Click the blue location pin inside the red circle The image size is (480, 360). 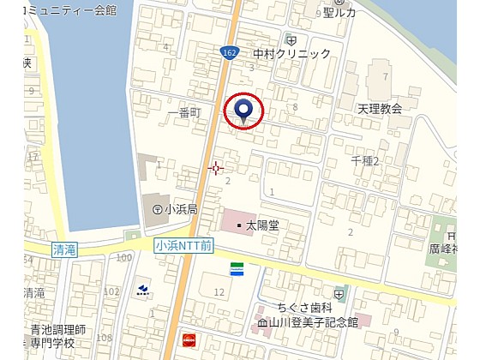click(243, 111)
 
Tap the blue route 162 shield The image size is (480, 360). click(229, 52)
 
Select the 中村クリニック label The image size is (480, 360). click(292, 54)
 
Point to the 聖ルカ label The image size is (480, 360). click(339, 13)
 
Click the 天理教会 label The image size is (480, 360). click(380, 109)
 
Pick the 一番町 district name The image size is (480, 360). click(184, 111)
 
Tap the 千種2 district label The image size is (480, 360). click(364, 161)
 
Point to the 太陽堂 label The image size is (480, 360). click(262, 226)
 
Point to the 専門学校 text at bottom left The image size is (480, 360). click(58, 342)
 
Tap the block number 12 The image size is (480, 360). click(219, 292)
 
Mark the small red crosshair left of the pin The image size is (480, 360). click(216, 168)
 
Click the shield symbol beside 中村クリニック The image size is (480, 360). click(291, 40)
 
